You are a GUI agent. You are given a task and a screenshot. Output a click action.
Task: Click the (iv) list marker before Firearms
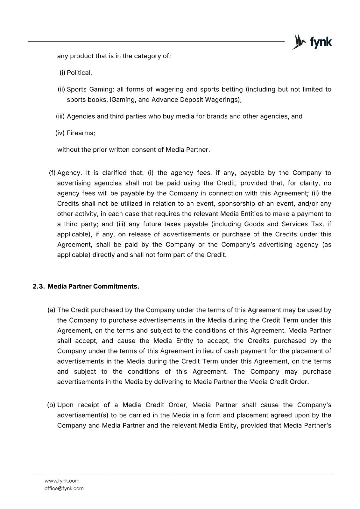[x=60, y=133]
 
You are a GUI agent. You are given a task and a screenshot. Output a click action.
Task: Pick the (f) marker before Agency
[x=52, y=173]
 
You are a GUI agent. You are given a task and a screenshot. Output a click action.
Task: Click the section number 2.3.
[x=39, y=287]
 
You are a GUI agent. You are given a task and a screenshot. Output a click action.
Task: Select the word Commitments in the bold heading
[x=120, y=287]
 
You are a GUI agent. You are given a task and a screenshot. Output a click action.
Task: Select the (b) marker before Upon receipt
[x=51, y=405]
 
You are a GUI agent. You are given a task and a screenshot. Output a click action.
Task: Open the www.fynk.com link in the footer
[x=62, y=481]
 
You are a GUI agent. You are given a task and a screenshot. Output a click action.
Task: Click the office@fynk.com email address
[x=64, y=488]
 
